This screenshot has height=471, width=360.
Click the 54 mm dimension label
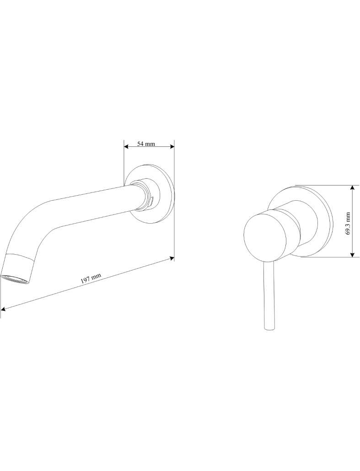(x=146, y=144)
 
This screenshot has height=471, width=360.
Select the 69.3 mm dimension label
(x=348, y=224)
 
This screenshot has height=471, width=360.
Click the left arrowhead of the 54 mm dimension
(x=126, y=147)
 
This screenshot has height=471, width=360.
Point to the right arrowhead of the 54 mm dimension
(x=172, y=147)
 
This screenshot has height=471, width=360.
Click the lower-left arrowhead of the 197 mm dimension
(x=3, y=309)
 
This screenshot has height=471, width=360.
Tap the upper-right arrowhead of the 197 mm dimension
(x=172, y=258)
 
